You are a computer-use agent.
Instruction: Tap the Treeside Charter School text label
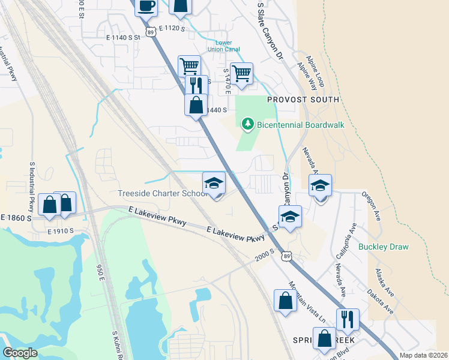tap(162, 194)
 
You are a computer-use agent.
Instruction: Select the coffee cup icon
tap(146, 7)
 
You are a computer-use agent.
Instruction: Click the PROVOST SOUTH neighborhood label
tap(303, 100)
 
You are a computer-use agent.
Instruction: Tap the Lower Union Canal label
tap(219, 46)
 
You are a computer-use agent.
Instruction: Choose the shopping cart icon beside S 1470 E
tap(241, 74)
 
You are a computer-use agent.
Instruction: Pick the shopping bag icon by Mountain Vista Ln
tap(285, 300)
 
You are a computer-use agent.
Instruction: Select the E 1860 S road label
tap(16, 218)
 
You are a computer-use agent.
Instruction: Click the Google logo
tap(20, 353)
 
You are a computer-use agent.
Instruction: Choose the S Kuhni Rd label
tap(118, 344)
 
